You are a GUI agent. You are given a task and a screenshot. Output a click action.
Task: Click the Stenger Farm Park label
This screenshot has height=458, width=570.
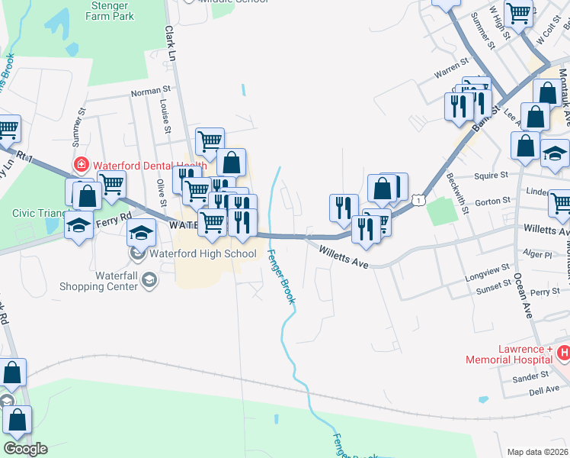pyautogui.click(x=112, y=10)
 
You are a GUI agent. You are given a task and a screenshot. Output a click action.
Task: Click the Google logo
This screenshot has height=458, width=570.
pyautogui.click(x=25, y=449)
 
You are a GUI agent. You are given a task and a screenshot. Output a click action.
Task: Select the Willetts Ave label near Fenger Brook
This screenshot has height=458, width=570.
pyautogui.click(x=343, y=256)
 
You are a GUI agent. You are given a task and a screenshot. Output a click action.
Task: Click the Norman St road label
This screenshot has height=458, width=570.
pyautogui.click(x=149, y=92)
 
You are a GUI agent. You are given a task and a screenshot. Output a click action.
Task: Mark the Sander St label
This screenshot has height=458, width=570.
pyautogui.click(x=530, y=376)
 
